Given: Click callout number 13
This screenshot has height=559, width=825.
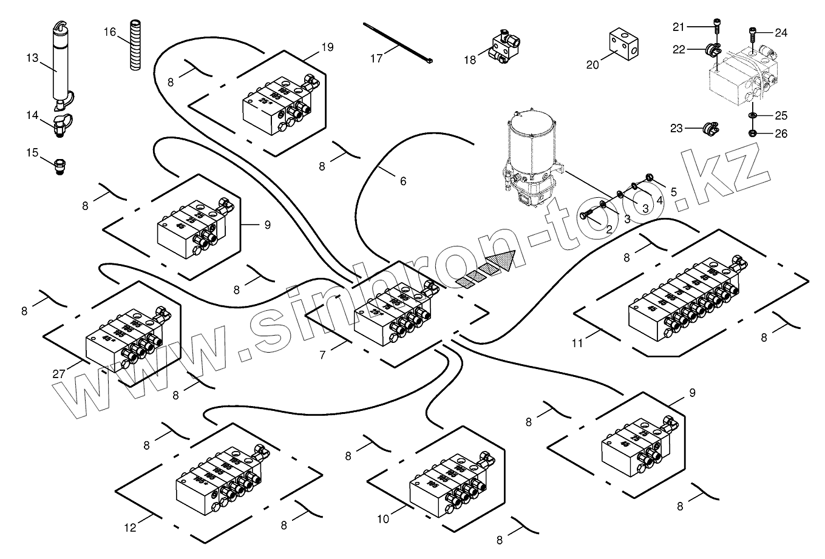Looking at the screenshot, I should (x=32, y=58).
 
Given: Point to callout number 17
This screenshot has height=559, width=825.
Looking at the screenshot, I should (x=376, y=59).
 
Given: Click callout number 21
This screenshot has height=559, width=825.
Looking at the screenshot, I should (x=678, y=26).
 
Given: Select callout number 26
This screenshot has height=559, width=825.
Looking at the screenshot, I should (x=781, y=134).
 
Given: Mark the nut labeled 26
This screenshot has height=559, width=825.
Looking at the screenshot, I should (x=752, y=134).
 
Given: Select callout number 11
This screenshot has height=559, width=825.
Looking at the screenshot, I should (x=577, y=344).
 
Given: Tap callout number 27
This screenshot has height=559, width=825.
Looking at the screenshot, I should (x=58, y=374).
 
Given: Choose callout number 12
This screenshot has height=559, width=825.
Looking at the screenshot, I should (x=130, y=527).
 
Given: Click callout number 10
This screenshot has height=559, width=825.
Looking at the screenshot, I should (x=382, y=519).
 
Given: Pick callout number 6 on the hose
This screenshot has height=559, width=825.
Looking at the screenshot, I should (x=402, y=181).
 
